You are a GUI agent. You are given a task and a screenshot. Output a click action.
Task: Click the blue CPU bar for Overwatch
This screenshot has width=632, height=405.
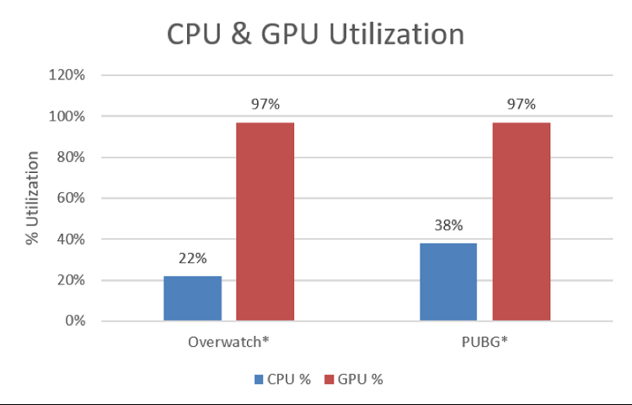point(192,298)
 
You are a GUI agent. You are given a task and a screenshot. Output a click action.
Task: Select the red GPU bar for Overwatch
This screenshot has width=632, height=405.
point(265,221)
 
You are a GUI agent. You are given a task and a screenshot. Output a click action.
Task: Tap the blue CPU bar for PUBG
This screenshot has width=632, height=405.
point(448,282)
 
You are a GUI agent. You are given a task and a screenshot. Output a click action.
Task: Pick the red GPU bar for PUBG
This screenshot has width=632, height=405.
point(522,221)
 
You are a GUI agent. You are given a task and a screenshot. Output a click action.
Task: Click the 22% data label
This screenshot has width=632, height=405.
point(193,262)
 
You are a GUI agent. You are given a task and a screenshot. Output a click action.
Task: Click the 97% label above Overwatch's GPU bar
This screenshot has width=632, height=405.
point(265,105)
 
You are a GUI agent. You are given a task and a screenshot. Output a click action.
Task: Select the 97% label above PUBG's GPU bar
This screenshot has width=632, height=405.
point(522,105)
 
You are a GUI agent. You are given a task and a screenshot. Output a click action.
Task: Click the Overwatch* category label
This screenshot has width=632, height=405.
point(228,343)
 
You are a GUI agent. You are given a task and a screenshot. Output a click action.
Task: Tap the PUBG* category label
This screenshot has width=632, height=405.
point(485,343)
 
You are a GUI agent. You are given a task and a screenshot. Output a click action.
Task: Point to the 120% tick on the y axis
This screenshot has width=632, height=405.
point(67,75)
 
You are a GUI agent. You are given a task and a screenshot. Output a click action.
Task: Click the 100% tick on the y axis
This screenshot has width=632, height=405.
point(67,116)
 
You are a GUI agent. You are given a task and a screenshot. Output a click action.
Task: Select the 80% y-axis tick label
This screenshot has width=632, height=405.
point(71,157)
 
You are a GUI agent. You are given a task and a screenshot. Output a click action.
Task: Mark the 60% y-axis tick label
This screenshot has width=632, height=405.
point(71,198)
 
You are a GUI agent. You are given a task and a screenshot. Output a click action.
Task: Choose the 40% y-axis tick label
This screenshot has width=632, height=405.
point(71,239)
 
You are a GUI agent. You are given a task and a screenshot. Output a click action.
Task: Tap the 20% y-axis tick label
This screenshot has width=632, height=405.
point(71,280)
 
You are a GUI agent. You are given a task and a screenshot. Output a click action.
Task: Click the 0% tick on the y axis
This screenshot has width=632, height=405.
point(74,321)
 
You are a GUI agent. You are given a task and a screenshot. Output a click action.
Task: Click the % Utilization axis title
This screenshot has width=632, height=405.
point(33,197)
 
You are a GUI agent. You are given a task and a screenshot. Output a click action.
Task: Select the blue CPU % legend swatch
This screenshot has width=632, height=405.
point(258,380)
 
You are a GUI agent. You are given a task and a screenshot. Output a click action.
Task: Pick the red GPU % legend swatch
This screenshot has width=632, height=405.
point(329,380)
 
